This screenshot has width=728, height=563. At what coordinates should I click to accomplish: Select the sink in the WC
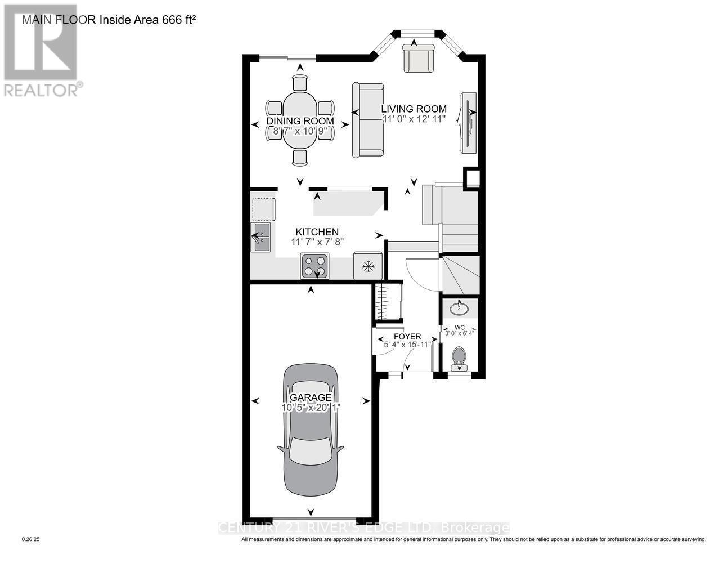point(460,308)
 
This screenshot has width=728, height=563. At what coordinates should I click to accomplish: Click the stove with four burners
point(316,266)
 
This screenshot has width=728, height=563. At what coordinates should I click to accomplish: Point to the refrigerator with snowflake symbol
point(368,266)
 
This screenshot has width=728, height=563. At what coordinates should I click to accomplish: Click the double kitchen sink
point(261,236)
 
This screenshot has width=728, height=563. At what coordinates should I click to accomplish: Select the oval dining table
point(300,120)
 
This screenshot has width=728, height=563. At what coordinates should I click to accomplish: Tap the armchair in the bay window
point(419,59)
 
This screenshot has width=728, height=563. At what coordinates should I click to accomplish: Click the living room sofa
point(367,120)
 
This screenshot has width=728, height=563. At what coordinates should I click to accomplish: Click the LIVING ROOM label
point(414,109)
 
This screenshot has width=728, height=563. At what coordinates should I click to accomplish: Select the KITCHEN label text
point(317,232)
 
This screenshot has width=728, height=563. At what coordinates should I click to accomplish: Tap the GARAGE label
point(311,397)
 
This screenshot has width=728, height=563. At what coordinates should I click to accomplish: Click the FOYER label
point(407,337)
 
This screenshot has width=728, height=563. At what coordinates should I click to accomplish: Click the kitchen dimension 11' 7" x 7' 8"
point(317,242)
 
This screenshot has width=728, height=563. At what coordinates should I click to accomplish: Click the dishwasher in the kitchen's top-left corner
point(263,209)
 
